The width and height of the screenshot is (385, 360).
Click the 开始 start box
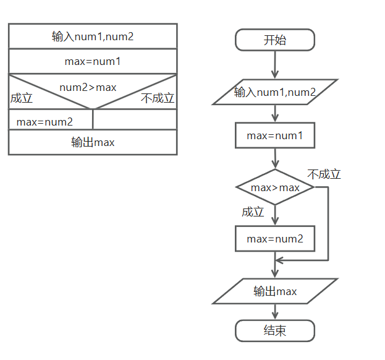click(x=275, y=41)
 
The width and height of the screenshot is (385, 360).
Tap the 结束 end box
click(x=275, y=330)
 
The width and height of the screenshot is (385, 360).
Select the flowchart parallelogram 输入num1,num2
click(x=275, y=92)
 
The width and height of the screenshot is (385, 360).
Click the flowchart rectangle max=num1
click(x=275, y=135)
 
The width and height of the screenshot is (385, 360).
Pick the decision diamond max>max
click(x=275, y=187)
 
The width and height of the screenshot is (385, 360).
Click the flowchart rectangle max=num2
click(x=275, y=238)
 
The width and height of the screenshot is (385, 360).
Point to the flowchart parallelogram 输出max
click(x=275, y=291)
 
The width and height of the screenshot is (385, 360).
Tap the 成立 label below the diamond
click(x=253, y=212)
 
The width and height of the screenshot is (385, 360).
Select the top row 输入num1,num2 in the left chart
click(x=93, y=36)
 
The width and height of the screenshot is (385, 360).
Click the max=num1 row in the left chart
click(x=93, y=61)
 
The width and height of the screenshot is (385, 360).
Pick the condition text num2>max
click(x=88, y=87)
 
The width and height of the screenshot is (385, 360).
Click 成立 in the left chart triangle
click(x=22, y=98)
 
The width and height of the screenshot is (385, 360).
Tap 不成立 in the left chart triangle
click(x=158, y=98)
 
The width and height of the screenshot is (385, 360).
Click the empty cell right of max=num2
click(x=135, y=119)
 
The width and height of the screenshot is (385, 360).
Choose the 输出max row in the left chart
click(x=93, y=142)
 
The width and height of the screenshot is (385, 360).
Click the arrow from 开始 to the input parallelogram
click(x=275, y=65)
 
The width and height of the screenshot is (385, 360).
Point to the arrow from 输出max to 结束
click(x=275, y=312)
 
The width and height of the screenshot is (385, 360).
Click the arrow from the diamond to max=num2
click(x=275, y=215)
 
